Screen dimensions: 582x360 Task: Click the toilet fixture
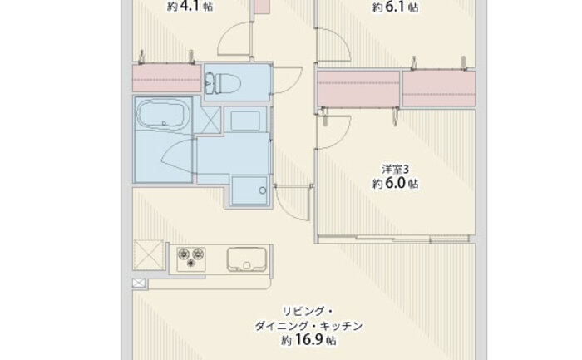pos(222,82)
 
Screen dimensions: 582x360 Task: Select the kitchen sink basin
pos(246,259)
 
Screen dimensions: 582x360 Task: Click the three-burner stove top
pos(190,259)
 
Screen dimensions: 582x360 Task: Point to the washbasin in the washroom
pos(245,121)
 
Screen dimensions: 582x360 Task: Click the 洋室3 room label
pos(395,170)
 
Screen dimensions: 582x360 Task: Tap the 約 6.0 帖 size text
pos(395,184)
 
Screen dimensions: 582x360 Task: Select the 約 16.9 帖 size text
pos(308,340)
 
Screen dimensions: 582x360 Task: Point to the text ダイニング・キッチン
pos(308,326)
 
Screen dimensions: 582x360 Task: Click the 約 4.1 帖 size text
pos(190,7)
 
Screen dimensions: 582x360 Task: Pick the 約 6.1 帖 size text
pos(395,7)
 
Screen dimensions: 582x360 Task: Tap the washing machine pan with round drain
pos(249,190)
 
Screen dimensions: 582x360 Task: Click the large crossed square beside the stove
pos(149,254)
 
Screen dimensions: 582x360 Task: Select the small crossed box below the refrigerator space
pos(139,284)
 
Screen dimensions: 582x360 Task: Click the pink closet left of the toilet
pos(166,78)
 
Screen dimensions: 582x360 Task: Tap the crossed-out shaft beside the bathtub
pos(207,120)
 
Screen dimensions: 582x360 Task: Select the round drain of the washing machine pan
pos(263,190)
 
